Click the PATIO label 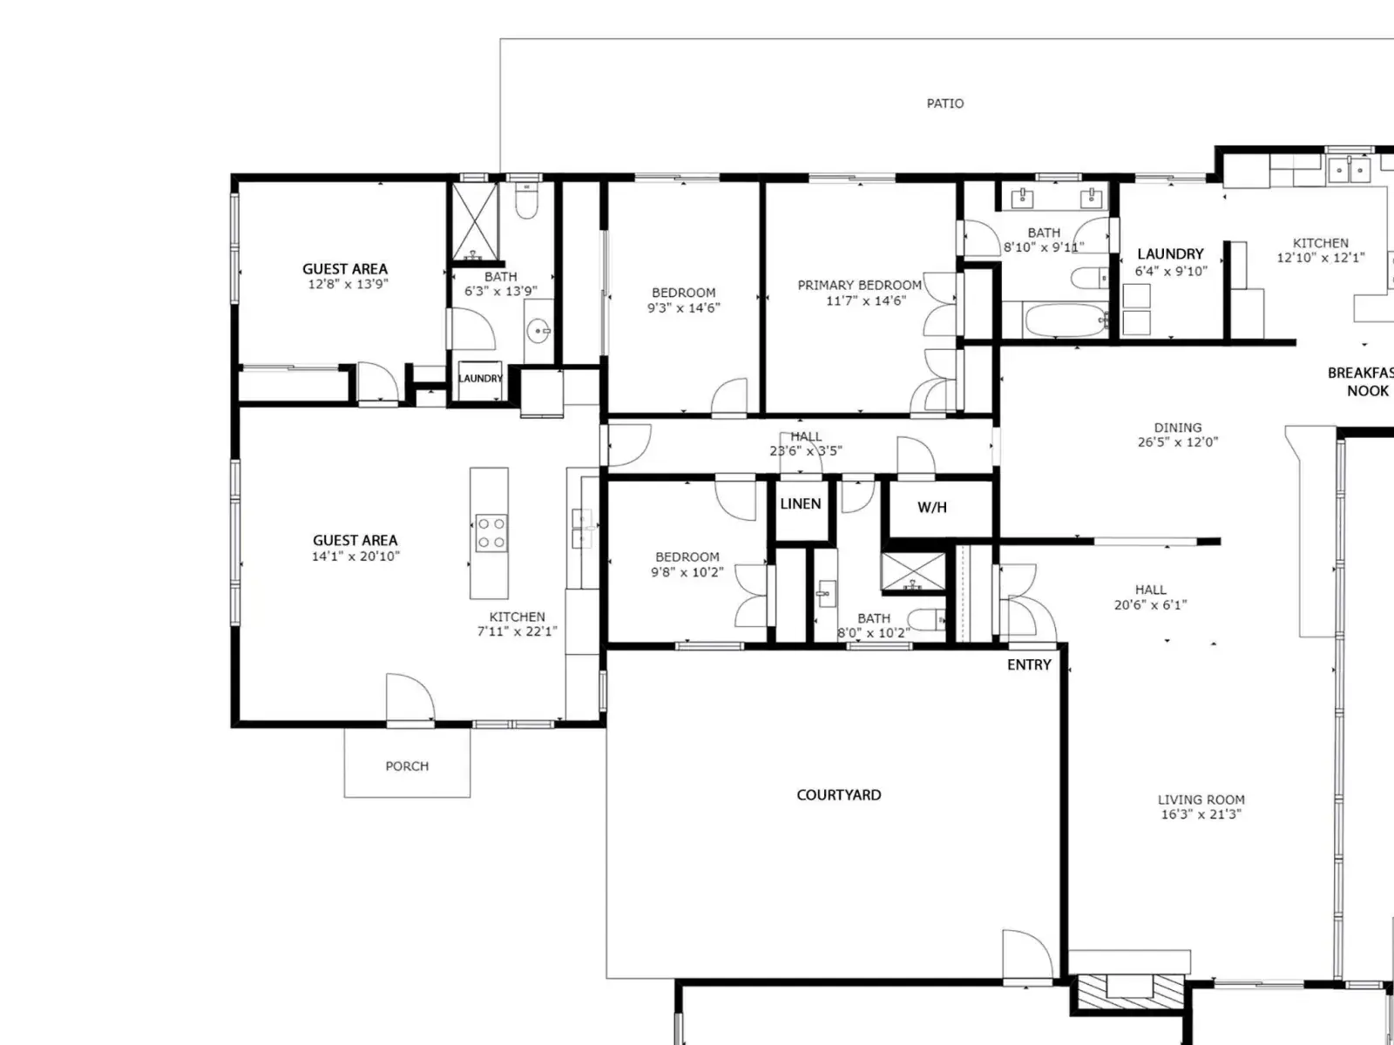(x=945, y=104)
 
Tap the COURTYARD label (x=839, y=795)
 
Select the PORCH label (x=407, y=765)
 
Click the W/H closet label (x=932, y=507)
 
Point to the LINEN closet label (x=801, y=504)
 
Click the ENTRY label (x=1030, y=664)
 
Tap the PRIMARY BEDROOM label (x=860, y=286)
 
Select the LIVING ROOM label (x=1201, y=799)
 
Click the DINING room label (x=1178, y=428)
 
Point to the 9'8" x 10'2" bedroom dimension (x=687, y=572)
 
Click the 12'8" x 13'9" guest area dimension (x=348, y=284)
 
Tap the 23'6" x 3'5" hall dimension (x=806, y=451)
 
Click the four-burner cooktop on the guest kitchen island (x=491, y=533)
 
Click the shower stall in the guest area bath (x=475, y=221)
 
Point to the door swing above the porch (x=411, y=698)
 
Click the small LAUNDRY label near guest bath (x=481, y=379)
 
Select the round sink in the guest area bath (x=540, y=331)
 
